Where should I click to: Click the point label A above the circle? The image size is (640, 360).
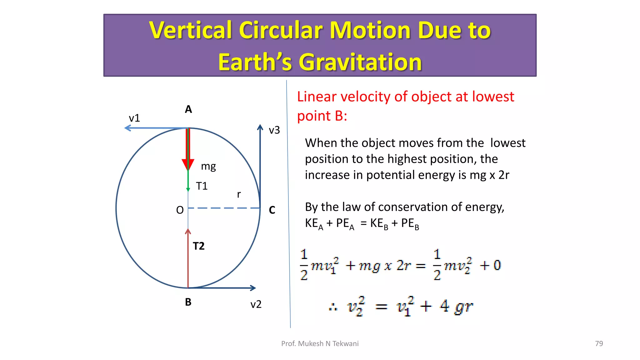coord(188,109)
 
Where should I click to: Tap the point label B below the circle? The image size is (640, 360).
coord(188,302)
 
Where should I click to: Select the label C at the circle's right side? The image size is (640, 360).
coord(272,210)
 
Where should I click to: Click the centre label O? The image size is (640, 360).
coord(180,210)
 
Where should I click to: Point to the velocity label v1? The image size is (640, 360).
coord(134,118)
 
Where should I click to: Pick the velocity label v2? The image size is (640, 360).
coord(256,304)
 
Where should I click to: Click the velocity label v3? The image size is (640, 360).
coord(274,130)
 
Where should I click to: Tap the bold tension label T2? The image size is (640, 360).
coord(198,246)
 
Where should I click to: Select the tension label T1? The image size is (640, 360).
coord(202,186)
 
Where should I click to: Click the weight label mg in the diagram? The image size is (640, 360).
coord(208,166)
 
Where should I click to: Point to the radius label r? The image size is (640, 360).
coord(239,194)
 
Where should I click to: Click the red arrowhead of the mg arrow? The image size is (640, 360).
coord(188,164)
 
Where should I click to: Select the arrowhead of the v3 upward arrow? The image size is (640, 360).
coord(260,127)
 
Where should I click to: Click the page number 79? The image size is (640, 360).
coord(599,343)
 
